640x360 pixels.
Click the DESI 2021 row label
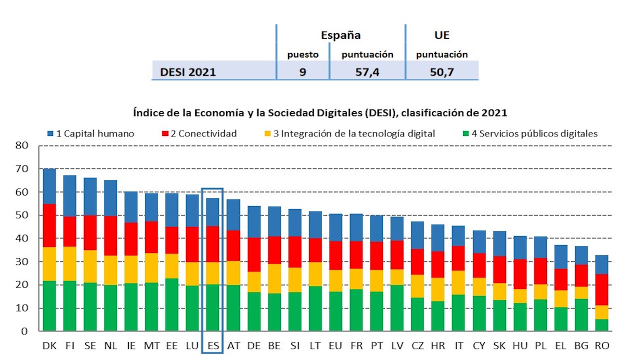pos(188,72)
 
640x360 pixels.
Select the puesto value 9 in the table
pos(302,72)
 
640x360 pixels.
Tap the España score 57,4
pos(367,72)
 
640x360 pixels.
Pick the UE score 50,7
pos(441,72)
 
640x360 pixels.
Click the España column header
pos(340,35)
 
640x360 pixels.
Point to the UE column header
pos(441,35)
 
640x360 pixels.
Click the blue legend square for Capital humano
pos(50,133)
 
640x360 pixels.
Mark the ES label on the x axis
pos(212,345)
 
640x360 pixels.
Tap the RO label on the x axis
pos(601,345)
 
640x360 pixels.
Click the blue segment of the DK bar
pos(49,186)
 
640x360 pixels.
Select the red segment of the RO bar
pos(601,289)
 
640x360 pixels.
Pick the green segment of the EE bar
pos(171,304)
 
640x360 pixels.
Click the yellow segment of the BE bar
pos(273,278)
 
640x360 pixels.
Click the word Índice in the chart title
pos(147,113)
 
